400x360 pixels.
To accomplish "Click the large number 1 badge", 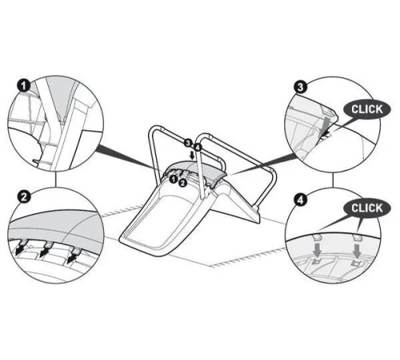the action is click(25, 86).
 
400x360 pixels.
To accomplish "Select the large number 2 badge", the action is click(24, 198).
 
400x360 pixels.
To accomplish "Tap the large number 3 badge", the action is click(301, 87).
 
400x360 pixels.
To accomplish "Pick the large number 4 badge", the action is click(301, 200).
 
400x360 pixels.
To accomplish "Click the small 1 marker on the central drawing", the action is click(174, 179).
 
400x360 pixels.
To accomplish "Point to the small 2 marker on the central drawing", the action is click(182, 183).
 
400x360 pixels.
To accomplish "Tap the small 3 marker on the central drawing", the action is click(188, 143).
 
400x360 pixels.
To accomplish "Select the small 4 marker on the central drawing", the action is click(197, 146).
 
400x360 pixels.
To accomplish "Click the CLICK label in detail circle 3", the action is click(367, 110).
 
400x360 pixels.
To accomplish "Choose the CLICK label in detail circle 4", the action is click(367, 208).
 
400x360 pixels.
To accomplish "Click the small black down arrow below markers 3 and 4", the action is click(191, 155).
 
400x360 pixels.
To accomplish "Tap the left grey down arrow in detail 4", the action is click(317, 249).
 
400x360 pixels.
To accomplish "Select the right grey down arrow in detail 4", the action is click(357, 250).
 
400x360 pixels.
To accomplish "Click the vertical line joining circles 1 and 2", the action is click(55, 179).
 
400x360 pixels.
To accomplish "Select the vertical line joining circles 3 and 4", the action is click(333, 180).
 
